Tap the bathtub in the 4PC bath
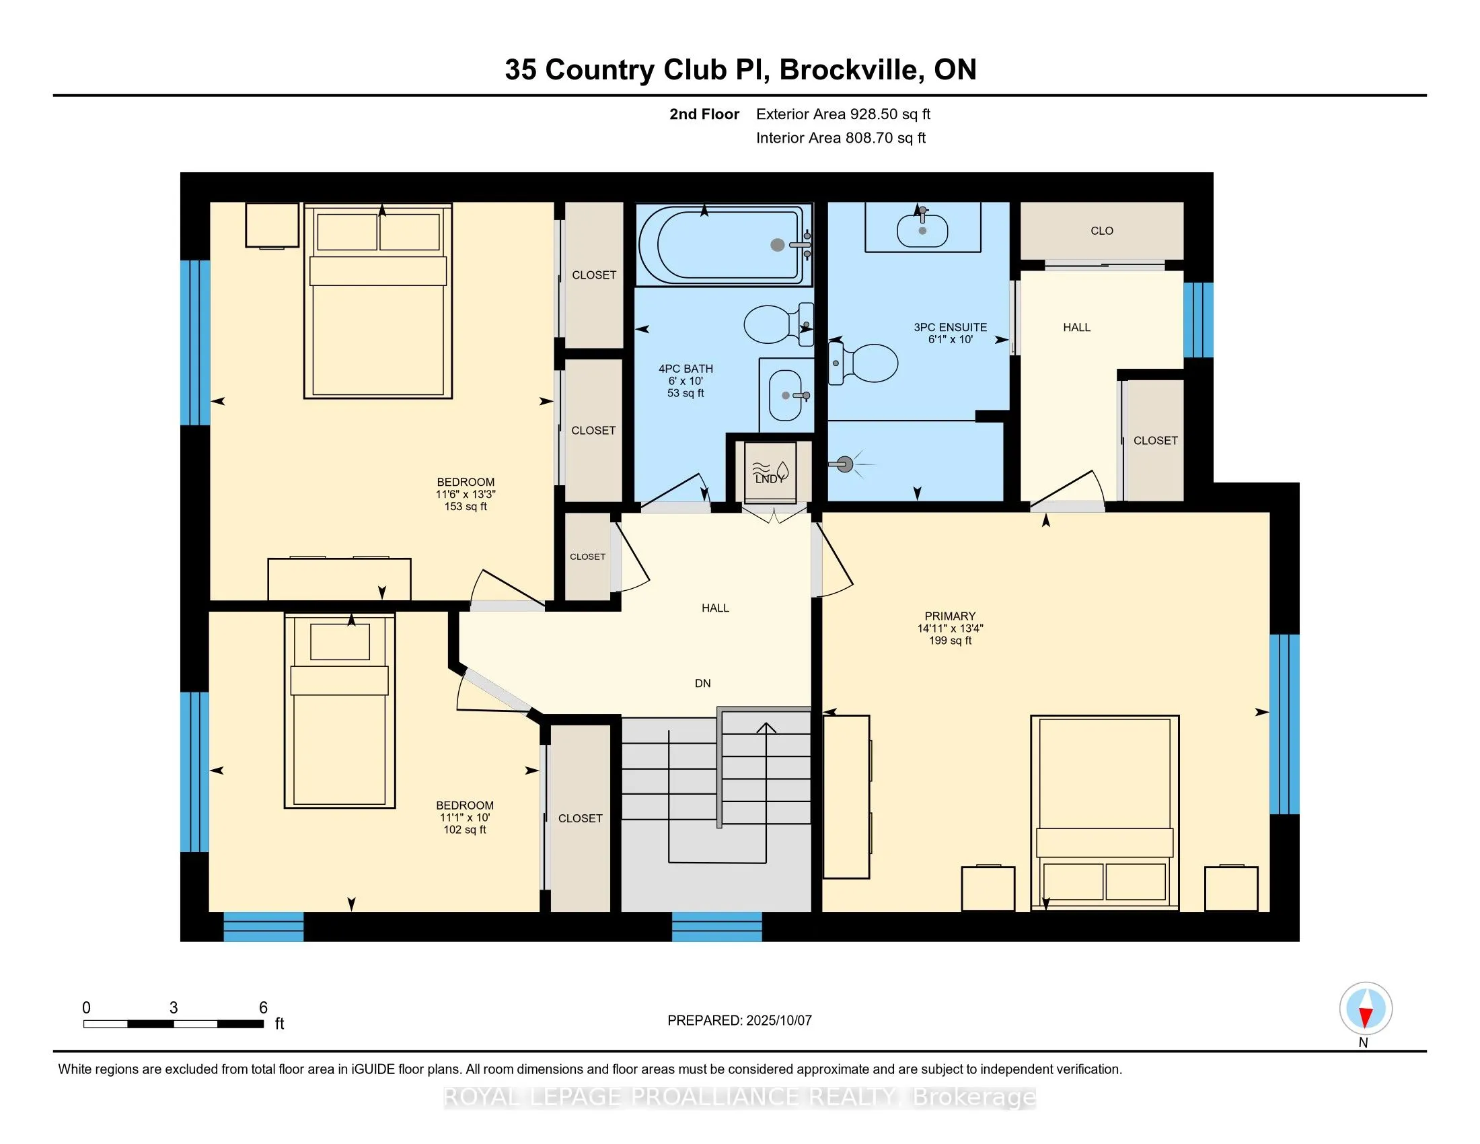pos(725,245)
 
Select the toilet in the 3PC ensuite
pos(863,363)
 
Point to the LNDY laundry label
pos(769,478)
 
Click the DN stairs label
pos(703,683)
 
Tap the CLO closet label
pos(1102,230)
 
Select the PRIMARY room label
pos(950,616)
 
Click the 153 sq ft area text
pos(466,506)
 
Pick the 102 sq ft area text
pos(465,830)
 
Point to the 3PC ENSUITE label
pos(950,327)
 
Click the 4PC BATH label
pos(686,369)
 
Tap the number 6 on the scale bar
pos(263,1008)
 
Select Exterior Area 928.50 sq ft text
pos(844,114)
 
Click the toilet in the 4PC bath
pos(778,324)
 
